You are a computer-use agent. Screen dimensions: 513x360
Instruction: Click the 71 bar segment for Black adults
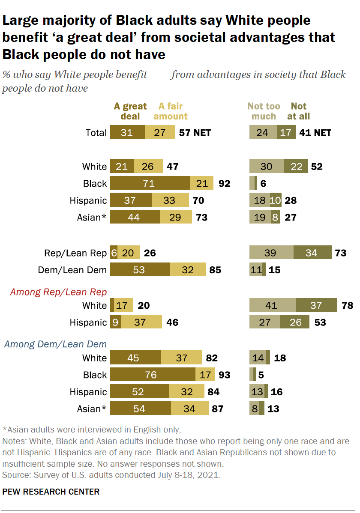tap(150, 184)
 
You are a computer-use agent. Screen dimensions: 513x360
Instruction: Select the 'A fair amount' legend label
tap(173, 111)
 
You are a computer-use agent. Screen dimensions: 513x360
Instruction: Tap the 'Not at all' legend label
tap(300, 111)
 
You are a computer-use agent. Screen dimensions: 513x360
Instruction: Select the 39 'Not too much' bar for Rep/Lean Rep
tap(271, 253)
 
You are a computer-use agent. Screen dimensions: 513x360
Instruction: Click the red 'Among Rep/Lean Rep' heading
tap(58, 292)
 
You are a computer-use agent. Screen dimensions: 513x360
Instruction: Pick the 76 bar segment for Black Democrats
tap(153, 375)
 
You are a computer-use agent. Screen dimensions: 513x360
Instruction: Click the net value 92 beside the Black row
tap(224, 184)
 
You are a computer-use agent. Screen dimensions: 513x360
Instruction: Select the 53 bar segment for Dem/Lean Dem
tap(140, 270)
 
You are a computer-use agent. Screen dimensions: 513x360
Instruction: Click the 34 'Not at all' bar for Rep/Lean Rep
tap(312, 253)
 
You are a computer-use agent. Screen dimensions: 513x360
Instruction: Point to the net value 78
tap(348, 305)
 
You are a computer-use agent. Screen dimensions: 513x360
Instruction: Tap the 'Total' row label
tap(96, 133)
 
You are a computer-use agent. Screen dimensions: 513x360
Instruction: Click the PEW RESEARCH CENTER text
tap(51, 492)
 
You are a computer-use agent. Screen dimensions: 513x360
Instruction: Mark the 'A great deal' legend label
tap(130, 111)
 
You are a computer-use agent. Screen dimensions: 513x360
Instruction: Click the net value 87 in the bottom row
tap(218, 409)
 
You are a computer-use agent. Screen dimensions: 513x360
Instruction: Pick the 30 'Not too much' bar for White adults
tap(266, 167)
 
